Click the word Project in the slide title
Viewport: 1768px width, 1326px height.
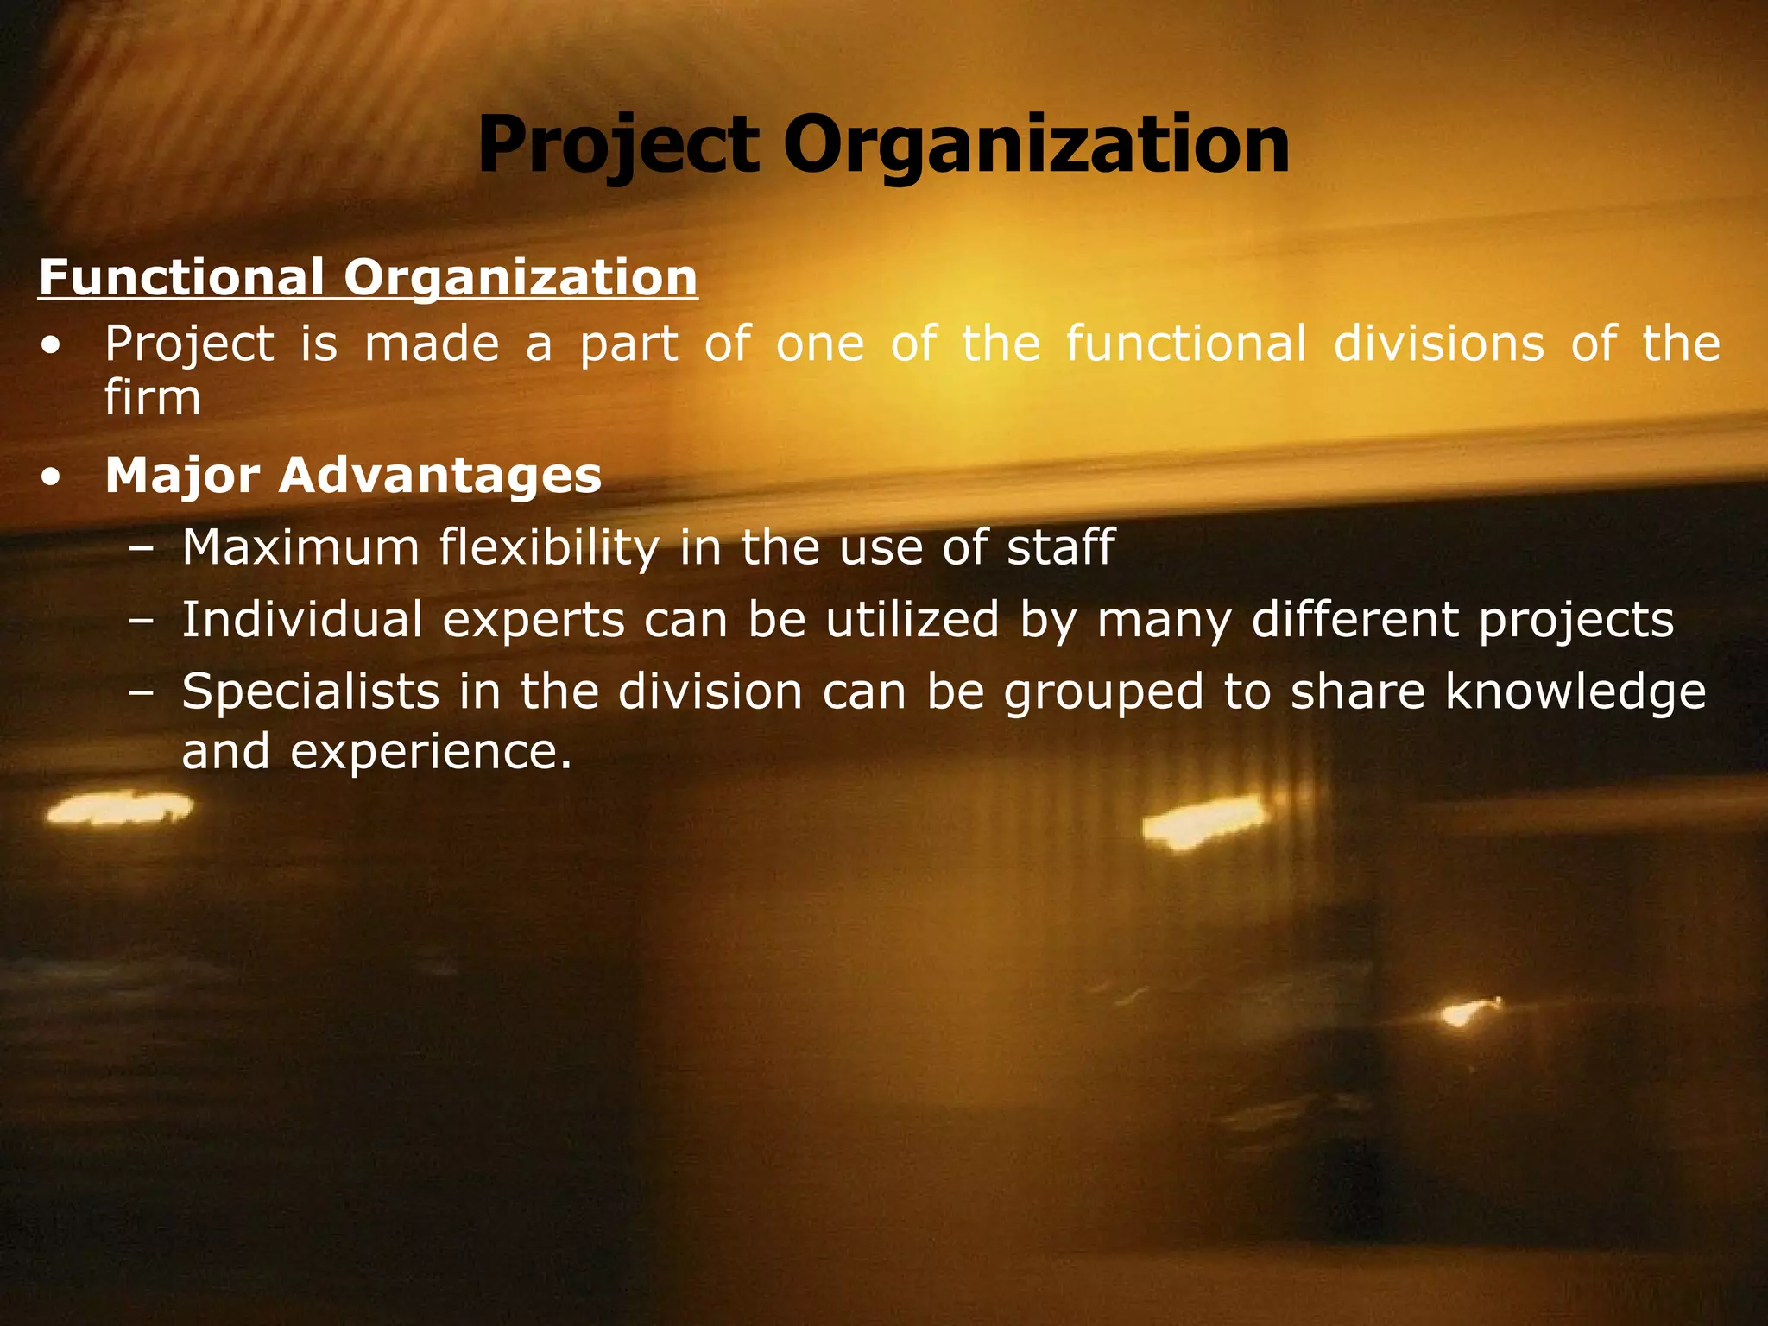pyautogui.click(x=617, y=145)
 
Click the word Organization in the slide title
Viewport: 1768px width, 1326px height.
pyautogui.click(x=1036, y=145)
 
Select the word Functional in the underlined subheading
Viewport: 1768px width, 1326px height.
pyautogui.click(x=181, y=278)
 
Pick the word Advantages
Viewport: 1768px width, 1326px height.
pyautogui.click(x=439, y=476)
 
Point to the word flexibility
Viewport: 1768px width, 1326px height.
pyautogui.click(x=548, y=549)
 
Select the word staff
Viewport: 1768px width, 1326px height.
pyautogui.click(x=1061, y=547)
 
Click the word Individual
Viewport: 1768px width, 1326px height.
pyautogui.click(x=301, y=620)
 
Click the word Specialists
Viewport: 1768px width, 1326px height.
pyautogui.click(x=311, y=693)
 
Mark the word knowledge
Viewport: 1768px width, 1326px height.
pyautogui.click(x=1575, y=693)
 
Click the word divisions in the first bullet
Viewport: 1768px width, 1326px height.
pyautogui.click(x=1438, y=344)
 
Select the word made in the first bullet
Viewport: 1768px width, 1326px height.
pyautogui.click(x=432, y=344)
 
